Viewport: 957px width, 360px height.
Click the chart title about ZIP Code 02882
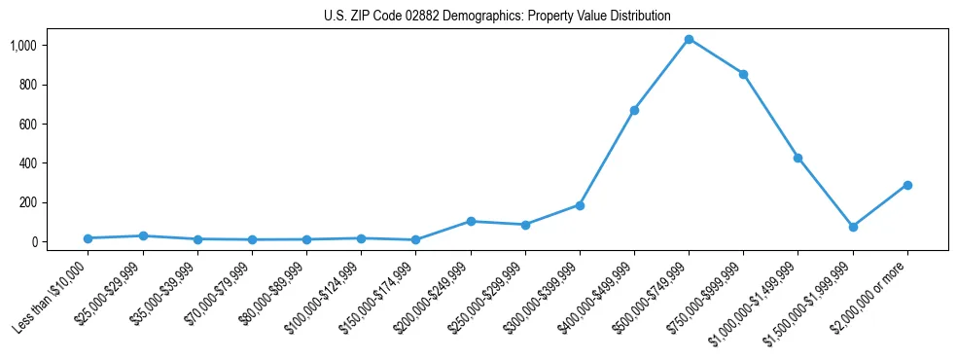(497, 16)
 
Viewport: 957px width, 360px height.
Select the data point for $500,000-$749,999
(689, 39)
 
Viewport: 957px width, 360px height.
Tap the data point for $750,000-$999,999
(743, 74)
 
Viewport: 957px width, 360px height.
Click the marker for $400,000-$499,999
(634, 110)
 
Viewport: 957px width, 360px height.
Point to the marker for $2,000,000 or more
(907, 185)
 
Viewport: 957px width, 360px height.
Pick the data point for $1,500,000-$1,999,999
(853, 227)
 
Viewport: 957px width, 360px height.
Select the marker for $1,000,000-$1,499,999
(797, 158)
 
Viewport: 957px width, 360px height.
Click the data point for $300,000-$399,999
(580, 205)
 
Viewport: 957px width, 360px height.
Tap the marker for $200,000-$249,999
(471, 221)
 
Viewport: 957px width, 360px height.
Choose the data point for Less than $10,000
(89, 238)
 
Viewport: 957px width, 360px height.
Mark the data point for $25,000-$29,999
(143, 235)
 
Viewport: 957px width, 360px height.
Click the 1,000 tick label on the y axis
(51, 46)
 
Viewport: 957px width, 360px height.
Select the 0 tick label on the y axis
(60, 242)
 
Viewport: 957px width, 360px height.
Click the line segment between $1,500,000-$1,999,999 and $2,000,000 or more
(880, 206)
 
